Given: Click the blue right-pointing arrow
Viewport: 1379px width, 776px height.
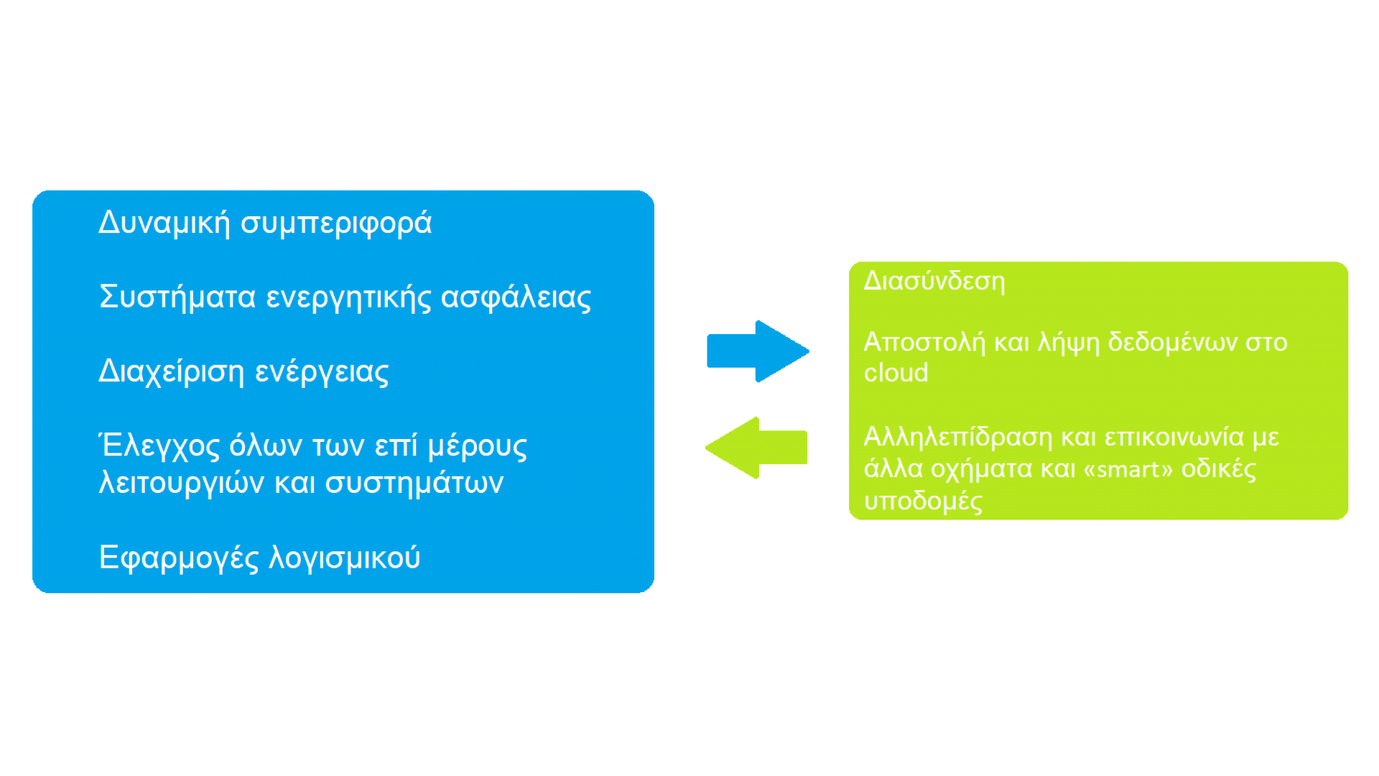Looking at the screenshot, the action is (758, 351).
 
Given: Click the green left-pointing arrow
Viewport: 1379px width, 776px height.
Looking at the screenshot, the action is (756, 448).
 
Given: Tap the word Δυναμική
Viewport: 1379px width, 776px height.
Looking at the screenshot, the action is (164, 223).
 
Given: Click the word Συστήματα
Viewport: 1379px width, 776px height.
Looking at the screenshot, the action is (177, 297).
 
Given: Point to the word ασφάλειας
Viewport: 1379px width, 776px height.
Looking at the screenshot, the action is (516, 297).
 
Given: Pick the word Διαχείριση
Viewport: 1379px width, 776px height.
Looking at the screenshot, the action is (172, 371).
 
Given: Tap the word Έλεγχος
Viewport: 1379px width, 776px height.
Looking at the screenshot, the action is (159, 445).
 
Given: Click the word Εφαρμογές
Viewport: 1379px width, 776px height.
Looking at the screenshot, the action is (179, 558).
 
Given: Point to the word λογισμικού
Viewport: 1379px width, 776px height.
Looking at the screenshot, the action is (345, 558).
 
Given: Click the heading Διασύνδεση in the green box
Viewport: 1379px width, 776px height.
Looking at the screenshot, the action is (934, 280).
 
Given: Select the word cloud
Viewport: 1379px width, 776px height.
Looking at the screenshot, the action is (896, 373).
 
